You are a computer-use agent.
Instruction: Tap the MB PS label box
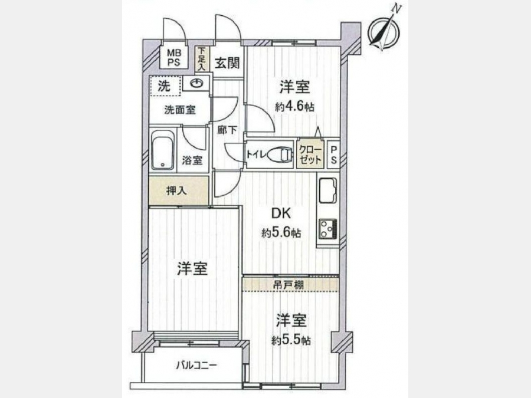173,58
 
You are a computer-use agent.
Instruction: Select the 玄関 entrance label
227,63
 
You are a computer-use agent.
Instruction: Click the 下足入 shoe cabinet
202,58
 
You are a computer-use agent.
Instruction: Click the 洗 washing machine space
165,86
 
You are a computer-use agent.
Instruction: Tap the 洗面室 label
180,110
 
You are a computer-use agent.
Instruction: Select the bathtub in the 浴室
163,150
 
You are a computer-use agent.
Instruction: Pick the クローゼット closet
310,154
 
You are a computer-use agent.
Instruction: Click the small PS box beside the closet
333,154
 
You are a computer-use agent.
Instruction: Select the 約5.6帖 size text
281,233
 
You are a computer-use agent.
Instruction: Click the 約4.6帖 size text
294,107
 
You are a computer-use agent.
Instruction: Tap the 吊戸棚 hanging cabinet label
288,285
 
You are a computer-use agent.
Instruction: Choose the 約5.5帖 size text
291,340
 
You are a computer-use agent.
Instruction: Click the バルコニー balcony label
196,365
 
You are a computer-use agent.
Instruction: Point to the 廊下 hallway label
227,130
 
